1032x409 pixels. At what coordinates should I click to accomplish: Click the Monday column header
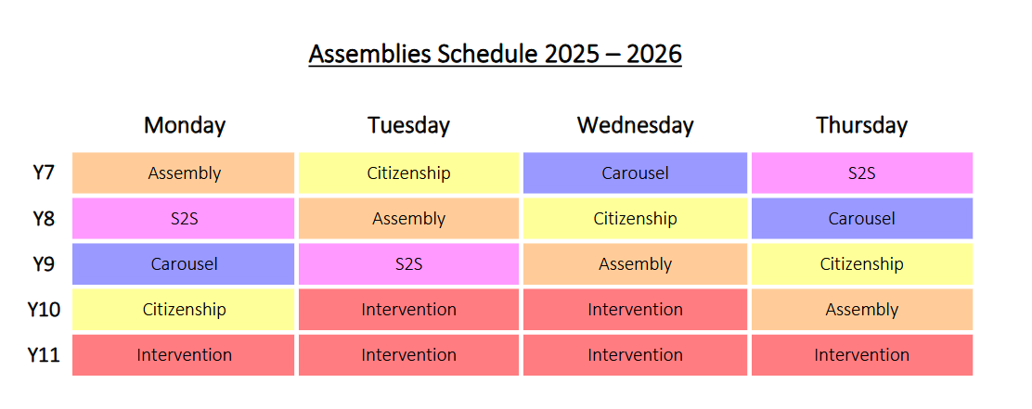(x=185, y=125)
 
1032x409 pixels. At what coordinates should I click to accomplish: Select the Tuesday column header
(x=408, y=125)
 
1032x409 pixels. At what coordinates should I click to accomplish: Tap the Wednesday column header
(x=635, y=125)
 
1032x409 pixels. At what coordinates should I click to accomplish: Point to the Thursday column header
(x=861, y=125)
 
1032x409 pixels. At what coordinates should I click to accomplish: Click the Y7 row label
(x=44, y=173)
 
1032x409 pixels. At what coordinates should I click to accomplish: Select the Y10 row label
(x=44, y=309)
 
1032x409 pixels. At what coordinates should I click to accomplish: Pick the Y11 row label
(x=44, y=355)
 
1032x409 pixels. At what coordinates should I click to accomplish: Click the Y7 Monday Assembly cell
(x=184, y=173)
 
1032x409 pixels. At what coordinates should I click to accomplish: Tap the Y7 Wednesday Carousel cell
(x=635, y=173)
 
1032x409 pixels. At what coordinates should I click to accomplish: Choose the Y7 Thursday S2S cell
(x=862, y=173)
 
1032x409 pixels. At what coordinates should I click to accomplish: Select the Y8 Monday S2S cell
(x=184, y=218)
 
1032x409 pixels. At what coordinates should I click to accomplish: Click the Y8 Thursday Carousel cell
(x=862, y=218)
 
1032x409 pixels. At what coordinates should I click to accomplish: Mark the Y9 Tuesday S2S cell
(x=408, y=263)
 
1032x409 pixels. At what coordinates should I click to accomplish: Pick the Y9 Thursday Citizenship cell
(x=862, y=263)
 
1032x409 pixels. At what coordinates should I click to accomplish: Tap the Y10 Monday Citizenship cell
(x=184, y=309)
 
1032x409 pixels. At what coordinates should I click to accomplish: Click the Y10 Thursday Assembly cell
(x=862, y=309)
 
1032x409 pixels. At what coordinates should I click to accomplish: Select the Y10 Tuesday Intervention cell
(x=408, y=309)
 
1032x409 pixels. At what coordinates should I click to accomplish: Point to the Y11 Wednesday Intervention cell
(x=635, y=355)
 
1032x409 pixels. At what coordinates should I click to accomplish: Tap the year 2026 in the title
(x=653, y=54)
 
